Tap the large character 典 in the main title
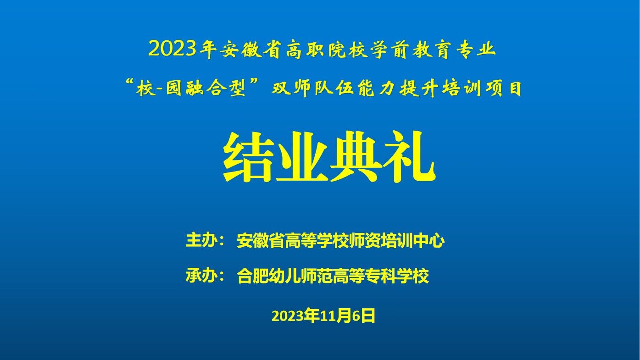click(x=356, y=157)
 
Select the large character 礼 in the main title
click(x=409, y=157)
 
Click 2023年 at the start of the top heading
click(x=182, y=49)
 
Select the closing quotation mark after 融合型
click(x=255, y=83)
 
